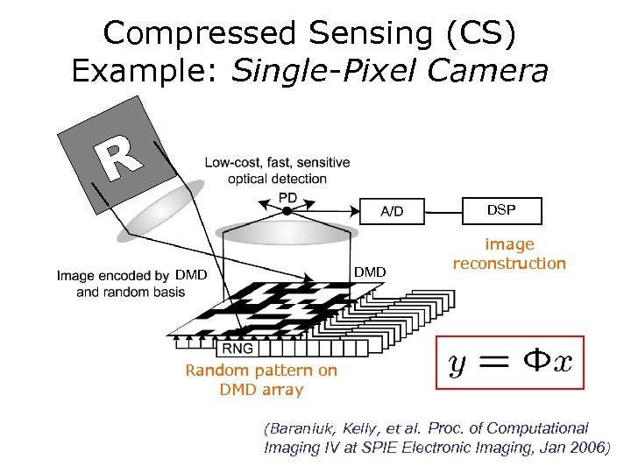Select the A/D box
(x=392, y=211)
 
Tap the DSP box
(x=501, y=210)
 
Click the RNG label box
(x=238, y=349)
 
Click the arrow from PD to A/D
(x=329, y=210)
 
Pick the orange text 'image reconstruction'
(x=509, y=254)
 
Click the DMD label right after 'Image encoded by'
(x=190, y=275)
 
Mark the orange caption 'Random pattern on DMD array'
(x=261, y=379)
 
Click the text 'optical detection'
(x=277, y=179)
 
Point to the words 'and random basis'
(x=131, y=292)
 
